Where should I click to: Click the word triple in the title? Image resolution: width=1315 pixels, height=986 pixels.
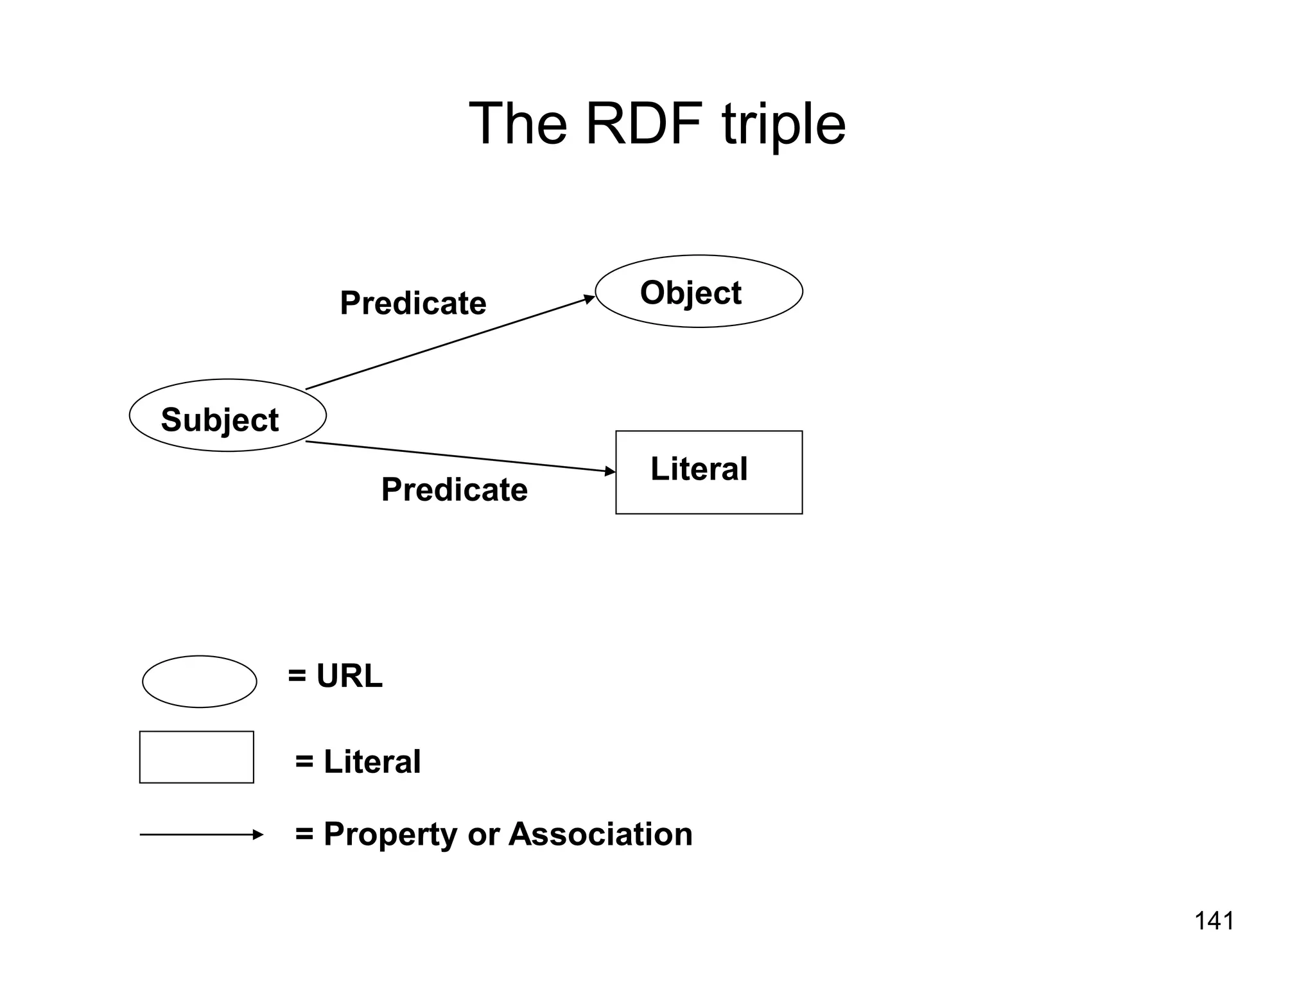(783, 125)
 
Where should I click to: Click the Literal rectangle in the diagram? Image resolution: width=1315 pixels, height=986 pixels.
(709, 472)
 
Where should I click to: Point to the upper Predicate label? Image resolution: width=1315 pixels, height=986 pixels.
(413, 303)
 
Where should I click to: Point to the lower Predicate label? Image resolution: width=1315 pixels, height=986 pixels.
(455, 490)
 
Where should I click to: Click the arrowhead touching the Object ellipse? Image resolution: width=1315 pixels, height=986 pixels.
(589, 298)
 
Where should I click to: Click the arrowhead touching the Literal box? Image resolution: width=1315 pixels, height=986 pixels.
(610, 471)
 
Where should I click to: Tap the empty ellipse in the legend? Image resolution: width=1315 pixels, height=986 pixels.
(199, 682)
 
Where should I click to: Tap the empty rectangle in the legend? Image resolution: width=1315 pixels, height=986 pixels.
(196, 757)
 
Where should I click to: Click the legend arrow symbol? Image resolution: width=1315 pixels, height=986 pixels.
(202, 835)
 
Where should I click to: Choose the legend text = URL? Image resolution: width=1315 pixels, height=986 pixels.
(335, 676)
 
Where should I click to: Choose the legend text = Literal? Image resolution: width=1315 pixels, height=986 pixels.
(358, 762)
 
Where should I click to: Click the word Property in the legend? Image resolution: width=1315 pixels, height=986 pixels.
(390, 835)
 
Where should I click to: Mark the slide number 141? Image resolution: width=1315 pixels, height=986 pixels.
(1214, 921)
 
